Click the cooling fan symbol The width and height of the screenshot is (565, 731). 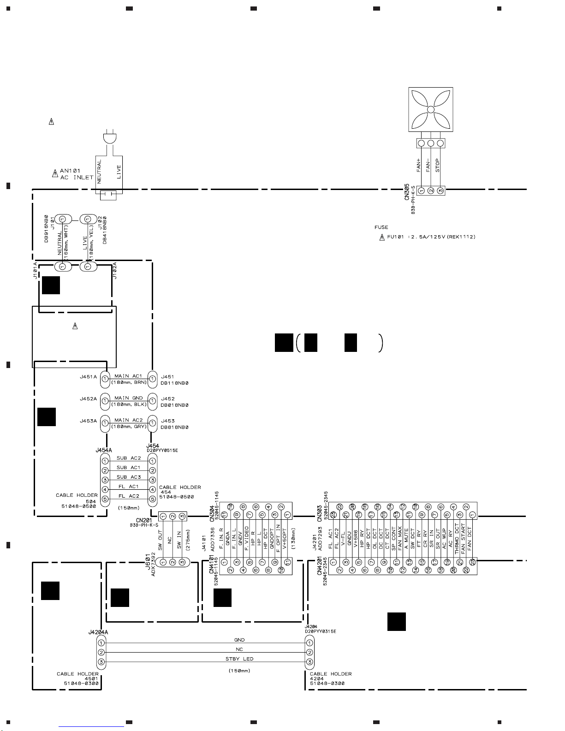(x=431, y=110)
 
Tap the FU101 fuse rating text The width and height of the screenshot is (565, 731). (x=431, y=237)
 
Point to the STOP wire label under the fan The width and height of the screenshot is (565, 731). (x=438, y=166)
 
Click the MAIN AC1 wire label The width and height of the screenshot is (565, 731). (x=129, y=376)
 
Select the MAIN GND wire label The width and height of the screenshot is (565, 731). (x=129, y=398)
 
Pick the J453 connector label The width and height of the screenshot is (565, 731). (x=167, y=421)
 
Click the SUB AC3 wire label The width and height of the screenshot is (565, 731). (x=129, y=477)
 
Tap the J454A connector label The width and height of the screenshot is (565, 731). (x=104, y=450)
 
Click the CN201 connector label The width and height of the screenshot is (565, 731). (x=138, y=520)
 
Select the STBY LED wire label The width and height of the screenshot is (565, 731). (x=239, y=659)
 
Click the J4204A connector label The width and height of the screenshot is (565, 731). (x=98, y=632)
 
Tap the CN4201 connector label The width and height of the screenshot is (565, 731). (x=320, y=566)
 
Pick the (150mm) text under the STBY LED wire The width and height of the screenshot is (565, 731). (x=239, y=671)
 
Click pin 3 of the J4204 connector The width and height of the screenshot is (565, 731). (x=309, y=662)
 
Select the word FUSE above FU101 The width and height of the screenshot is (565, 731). (x=381, y=227)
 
